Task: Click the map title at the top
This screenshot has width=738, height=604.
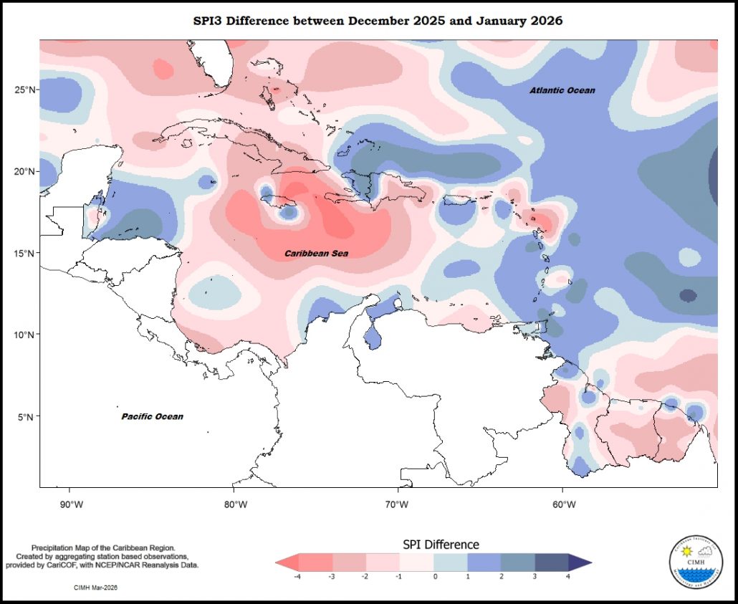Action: pyautogui.click(x=378, y=21)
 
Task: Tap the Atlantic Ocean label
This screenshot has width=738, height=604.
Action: pyautogui.click(x=562, y=90)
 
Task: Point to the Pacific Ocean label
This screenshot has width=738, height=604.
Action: pyautogui.click(x=152, y=416)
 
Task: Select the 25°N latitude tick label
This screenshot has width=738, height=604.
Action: pyautogui.click(x=25, y=90)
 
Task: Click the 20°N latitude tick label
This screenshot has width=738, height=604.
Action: pyautogui.click(x=25, y=171)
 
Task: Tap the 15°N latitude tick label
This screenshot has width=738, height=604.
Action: pyautogui.click(x=25, y=253)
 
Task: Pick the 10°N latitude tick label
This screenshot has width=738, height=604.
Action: pyautogui.click(x=25, y=335)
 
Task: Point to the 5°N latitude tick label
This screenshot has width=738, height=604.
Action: pyautogui.click(x=27, y=416)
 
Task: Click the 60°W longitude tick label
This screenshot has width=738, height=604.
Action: pyautogui.click(x=565, y=504)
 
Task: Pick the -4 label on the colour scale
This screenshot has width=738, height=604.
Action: pyautogui.click(x=297, y=576)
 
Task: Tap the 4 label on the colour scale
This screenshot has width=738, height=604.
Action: pyautogui.click(x=568, y=576)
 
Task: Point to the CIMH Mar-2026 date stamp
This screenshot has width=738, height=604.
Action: pyautogui.click(x=95, y=588)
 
